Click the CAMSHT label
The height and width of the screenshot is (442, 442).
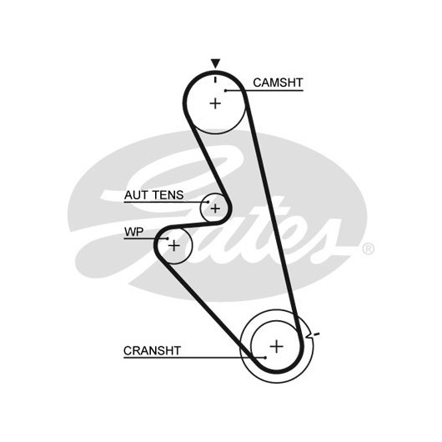[278, 83]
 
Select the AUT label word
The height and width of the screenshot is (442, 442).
[136, 195]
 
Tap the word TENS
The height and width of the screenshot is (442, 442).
[168, 195]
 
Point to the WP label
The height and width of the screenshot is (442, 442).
[134, 232]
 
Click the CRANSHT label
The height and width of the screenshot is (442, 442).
[152, 350]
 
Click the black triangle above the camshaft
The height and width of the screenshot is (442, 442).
[216, 63]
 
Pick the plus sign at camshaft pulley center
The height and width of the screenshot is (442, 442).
[215, 103]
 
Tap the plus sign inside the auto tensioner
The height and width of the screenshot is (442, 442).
[215, 208]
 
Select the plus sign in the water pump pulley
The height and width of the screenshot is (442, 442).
[174, 245]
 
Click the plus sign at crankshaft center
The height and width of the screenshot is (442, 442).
[276, 346]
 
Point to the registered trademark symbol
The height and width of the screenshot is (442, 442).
[368, 249]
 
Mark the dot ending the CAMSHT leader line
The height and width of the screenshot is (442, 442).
[225, 91]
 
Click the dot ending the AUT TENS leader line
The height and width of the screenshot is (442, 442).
[208, 202]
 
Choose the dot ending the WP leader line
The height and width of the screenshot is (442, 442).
[168, 239]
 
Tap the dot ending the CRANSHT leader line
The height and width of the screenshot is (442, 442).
[265, 358]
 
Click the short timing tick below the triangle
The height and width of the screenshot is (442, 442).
[216, 79]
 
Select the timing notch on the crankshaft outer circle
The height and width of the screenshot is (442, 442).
[309, 335]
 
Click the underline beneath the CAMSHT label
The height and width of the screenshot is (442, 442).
[264, 91]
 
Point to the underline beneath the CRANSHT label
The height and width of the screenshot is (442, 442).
[194, 358]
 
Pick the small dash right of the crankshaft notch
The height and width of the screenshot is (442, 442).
[317, 334]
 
